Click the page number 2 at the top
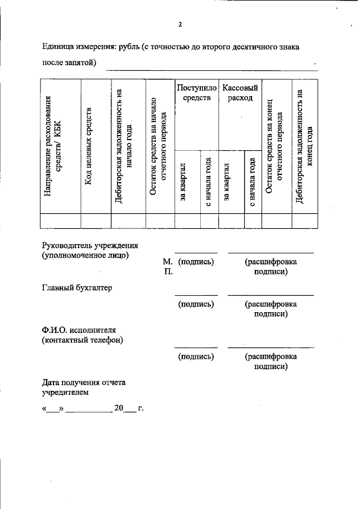180,24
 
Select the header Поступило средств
196,93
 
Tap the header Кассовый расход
240,93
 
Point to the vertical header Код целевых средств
88,148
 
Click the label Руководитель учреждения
90,245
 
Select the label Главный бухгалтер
77,287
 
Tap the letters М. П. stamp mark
168,266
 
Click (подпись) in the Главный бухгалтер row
195,304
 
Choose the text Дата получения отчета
84,382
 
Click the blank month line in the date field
89,409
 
